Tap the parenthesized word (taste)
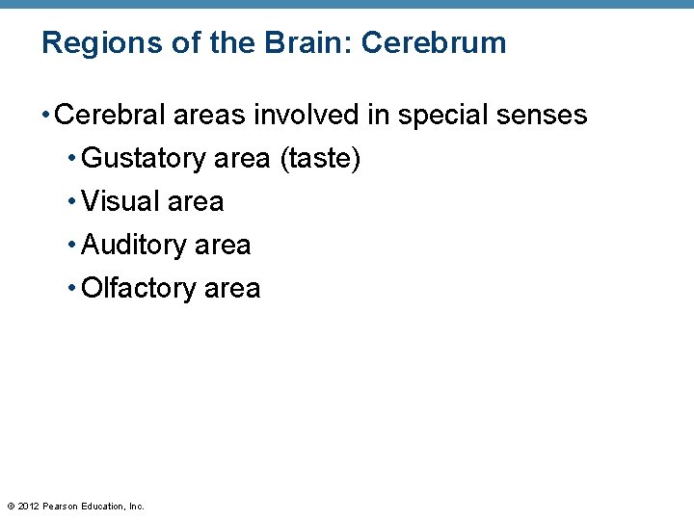tap(320, 159)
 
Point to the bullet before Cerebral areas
tap(46, 116)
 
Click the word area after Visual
tap(196, 202)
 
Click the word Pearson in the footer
tap(61, 507)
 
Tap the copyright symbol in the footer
tap(11, 507)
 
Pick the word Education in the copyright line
tap(102, 507)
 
